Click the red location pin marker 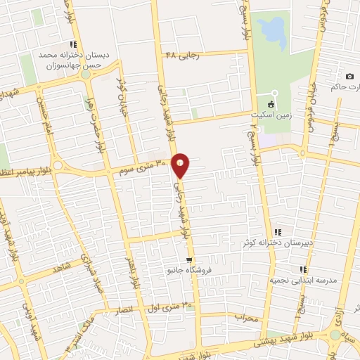(181, 165)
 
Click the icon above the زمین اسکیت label (274, 104)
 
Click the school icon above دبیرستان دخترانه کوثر (278, 231)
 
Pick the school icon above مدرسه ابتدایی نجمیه (302, 269)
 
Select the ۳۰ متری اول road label (168, 307)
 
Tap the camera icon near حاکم (349, 76)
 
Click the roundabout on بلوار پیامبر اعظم (57, 166)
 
